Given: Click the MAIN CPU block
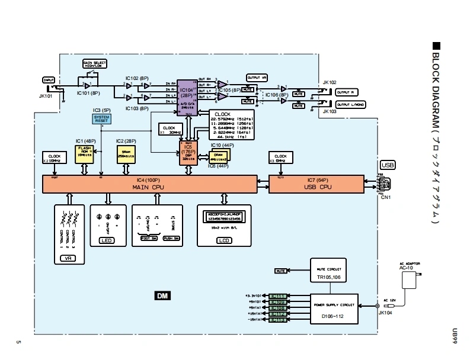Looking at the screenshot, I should [150, 184].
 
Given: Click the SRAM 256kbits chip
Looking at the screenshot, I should [126, 154].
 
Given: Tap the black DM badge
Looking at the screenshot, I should [161, 295].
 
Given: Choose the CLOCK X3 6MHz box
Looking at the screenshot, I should [280, 159].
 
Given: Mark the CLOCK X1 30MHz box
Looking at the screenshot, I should [169, 130].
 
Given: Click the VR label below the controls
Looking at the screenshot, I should [70, 258].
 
